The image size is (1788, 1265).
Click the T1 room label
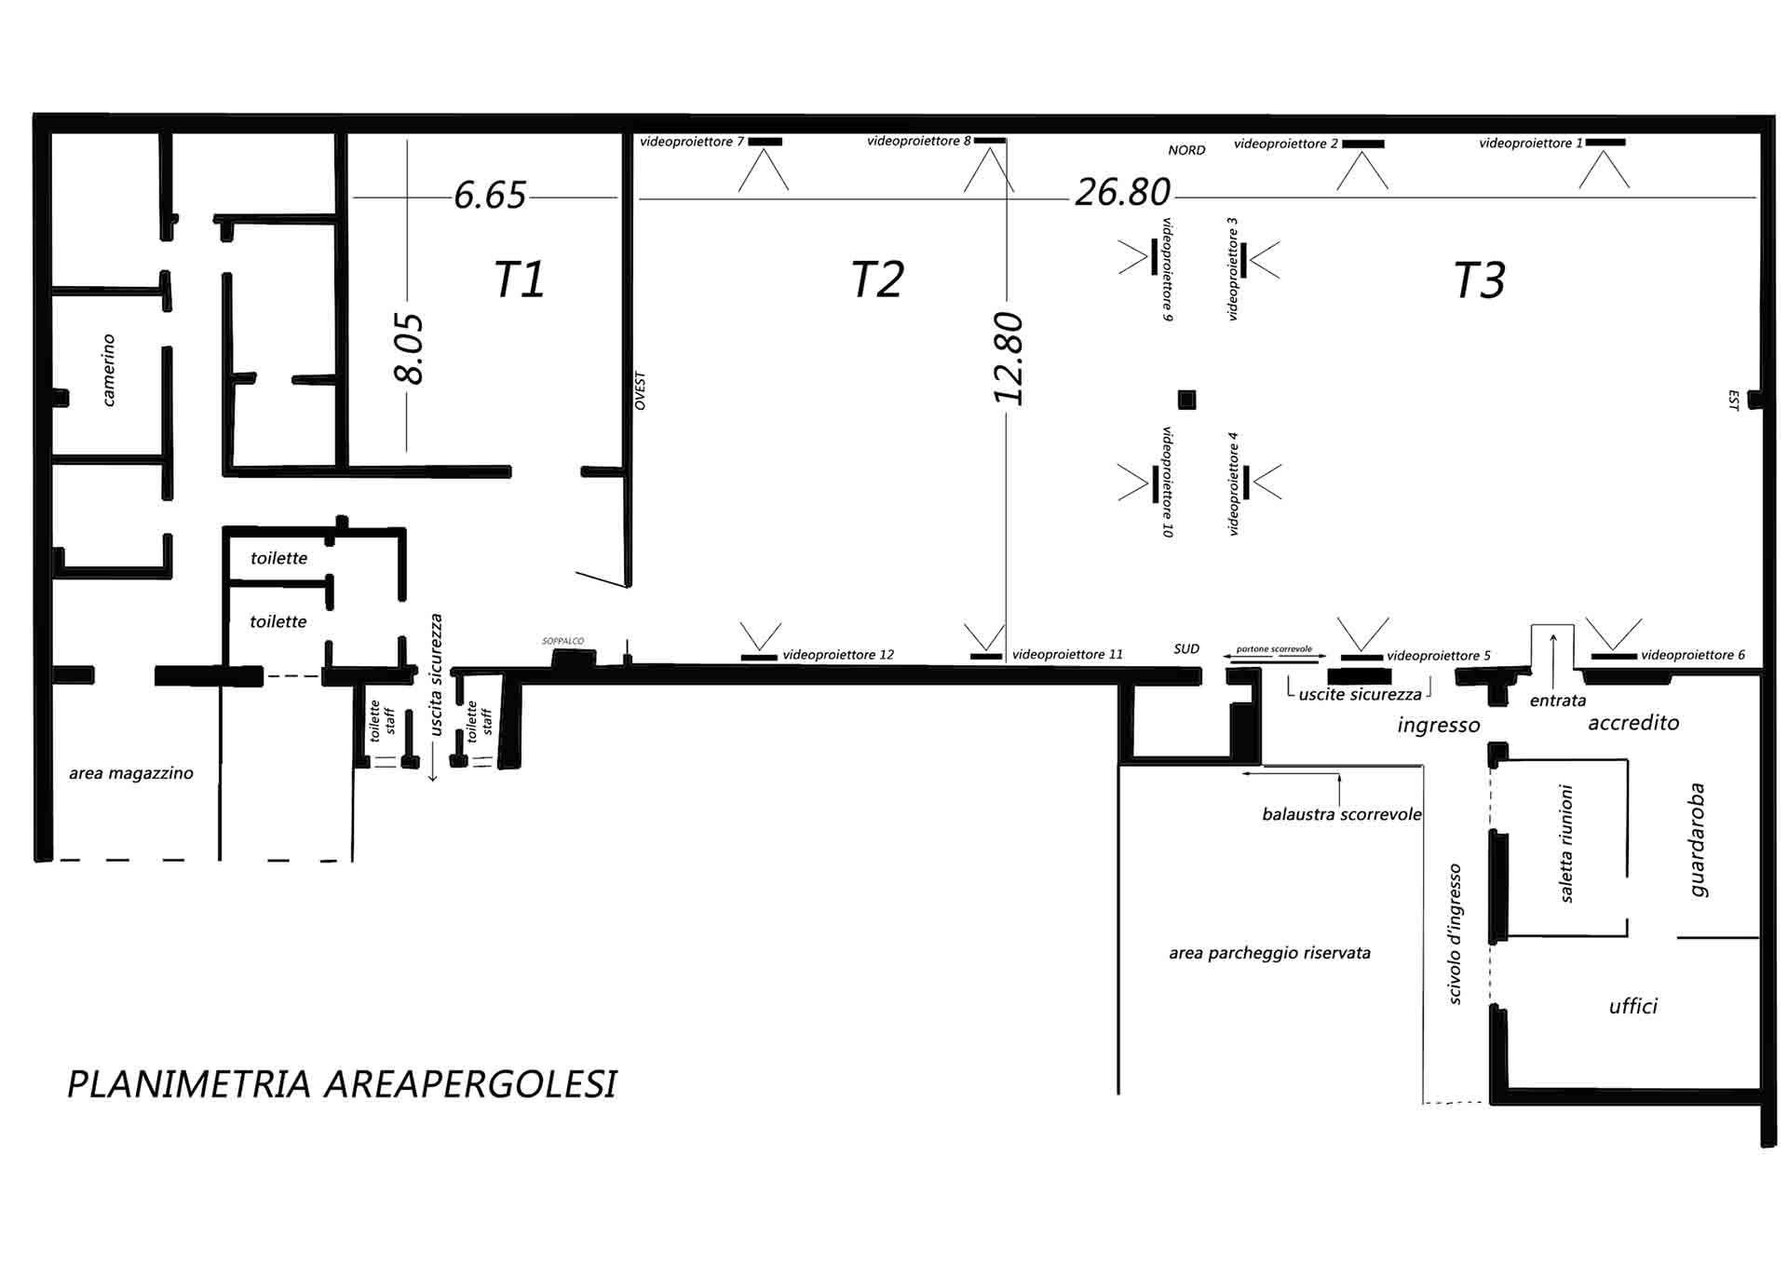tap(519, 279)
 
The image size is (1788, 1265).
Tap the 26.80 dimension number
tap(1122, 193)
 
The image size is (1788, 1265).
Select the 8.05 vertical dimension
tap(410, 348)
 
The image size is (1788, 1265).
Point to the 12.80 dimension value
tap(1009, 359)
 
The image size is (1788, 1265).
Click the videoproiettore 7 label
tap(692, 142)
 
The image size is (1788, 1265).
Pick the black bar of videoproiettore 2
tap(1362, 144)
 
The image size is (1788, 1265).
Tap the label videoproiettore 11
tap(1067, 655)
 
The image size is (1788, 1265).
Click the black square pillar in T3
tap(1186, 400)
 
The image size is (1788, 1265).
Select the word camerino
tap(109, 371)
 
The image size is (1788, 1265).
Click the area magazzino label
tap(131, 773)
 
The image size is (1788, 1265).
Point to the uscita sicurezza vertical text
tap(436, 674)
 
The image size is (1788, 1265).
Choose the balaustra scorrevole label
tap(1342, 814)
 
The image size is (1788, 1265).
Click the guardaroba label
tap(1698, 839)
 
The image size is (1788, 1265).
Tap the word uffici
tap(1633, 1006)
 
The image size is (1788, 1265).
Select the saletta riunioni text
tap(1566, 843)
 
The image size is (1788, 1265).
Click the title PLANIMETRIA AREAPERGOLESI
tap(342, 1084)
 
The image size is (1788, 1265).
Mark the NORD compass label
tap(1186, 150)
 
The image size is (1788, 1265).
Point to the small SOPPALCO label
tap(563, 641)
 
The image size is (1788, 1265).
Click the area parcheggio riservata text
tap(1269, 954)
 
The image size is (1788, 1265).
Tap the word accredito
tap(1633, 723)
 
